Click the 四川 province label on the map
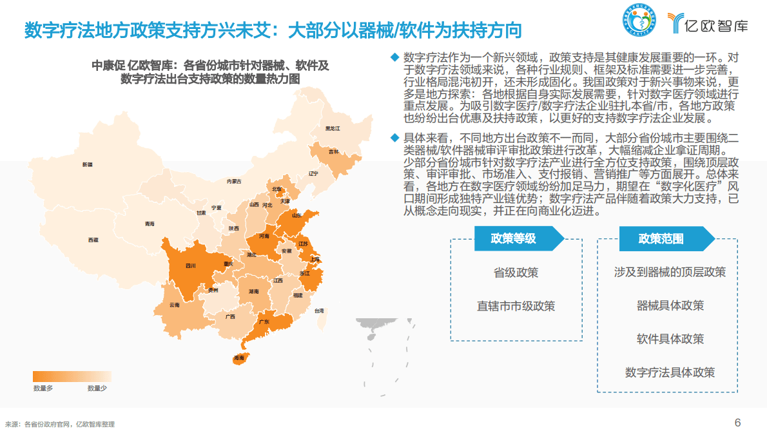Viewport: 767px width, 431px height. [190, 265]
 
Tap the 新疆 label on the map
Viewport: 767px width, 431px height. [87, 165]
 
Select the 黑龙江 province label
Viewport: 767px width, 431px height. [333, 128]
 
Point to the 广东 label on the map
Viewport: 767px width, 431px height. [264, 321]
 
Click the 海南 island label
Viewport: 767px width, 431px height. [239, 358]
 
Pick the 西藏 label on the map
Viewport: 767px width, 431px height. [93, 240]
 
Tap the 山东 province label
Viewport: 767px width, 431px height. [297, 216]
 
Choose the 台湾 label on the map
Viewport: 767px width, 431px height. [319, 311]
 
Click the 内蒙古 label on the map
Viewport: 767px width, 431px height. [234, 182]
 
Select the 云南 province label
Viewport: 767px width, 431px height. [175, 305]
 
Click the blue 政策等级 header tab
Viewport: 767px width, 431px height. [513, 238]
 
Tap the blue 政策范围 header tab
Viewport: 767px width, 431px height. [661, 239]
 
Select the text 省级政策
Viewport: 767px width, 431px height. [516, 273]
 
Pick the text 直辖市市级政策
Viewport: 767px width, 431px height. [516, 306]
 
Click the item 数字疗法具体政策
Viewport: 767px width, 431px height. [670, 372]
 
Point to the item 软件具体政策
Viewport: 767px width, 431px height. [670, 339]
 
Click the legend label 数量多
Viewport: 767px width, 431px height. [43, 388]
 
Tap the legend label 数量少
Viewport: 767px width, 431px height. [97, 388]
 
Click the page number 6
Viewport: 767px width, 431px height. [738, 422]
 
